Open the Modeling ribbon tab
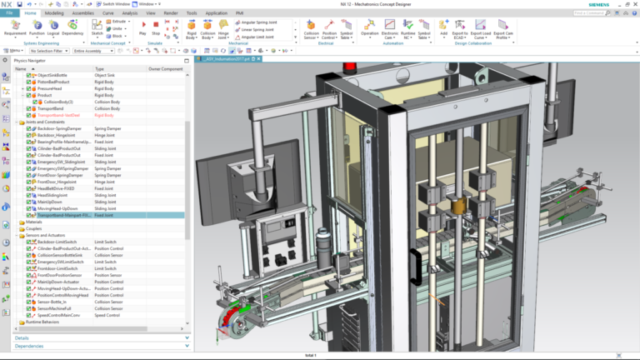click(x=53, y=13)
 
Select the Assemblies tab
click(x=82, y=13)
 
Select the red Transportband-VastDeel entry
click(x=59, y=115)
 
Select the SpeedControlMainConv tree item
click(x=60, y=315)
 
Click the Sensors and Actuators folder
click(x=43, y=235)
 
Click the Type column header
click(x=100, y=68)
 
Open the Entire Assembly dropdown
click(x=94, y=51)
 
